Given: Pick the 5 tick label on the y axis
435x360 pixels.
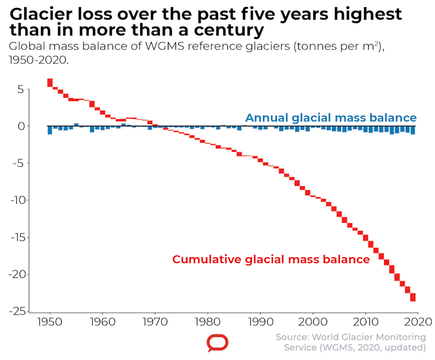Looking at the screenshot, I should (20, 89).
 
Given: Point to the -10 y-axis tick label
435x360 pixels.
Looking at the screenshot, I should (17, 200).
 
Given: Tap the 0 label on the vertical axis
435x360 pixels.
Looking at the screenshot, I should (20, 126).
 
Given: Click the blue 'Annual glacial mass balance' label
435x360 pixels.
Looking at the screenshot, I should (331, 118).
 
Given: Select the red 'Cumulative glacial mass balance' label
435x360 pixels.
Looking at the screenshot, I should (271, 260).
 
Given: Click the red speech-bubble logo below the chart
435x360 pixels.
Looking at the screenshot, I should (217, 343).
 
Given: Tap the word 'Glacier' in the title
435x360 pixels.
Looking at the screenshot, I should (42, 14).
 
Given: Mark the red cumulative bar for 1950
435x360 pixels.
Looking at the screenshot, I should (50, 82).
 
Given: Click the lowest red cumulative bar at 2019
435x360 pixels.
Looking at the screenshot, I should (413, 297).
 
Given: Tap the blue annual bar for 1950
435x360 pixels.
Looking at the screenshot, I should (50, 130).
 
